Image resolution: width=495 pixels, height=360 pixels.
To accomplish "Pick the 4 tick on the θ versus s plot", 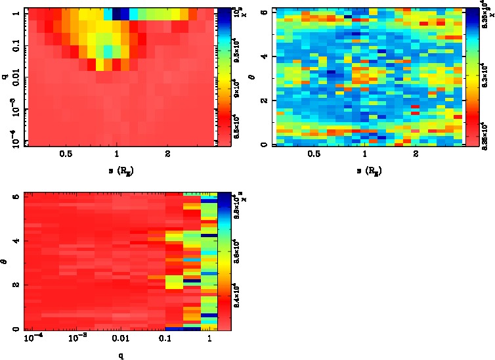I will [x=263, y=56].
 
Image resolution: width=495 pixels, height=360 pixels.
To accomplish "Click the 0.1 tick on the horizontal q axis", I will [x=164, y=339].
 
